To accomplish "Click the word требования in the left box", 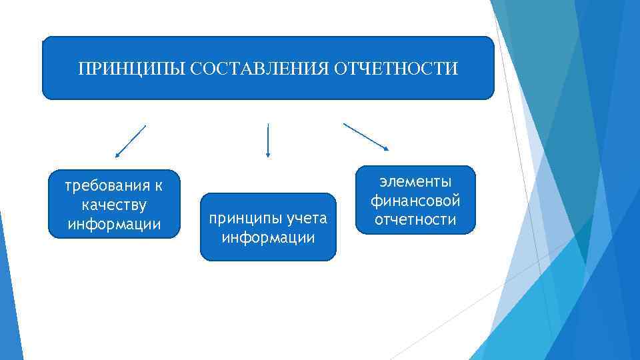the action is point(106,185).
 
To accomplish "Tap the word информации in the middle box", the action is point(268,237).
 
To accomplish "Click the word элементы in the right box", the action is point(415,181).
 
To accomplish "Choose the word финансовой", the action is point(415,200).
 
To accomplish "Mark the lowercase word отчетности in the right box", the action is point(415,219).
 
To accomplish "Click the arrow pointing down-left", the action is point(130,141).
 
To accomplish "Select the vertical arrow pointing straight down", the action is point(267,140).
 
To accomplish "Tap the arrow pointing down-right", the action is point(366,137).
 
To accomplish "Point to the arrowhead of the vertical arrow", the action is point(267,155).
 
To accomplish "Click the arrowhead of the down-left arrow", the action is point(117,155).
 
